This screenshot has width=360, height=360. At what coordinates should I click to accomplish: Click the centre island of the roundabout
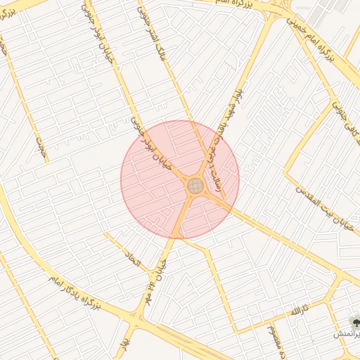pos(195,186)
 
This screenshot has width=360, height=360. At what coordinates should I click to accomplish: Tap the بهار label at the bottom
pos(127,345)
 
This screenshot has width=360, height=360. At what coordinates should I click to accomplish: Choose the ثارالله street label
pos(300,310)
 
